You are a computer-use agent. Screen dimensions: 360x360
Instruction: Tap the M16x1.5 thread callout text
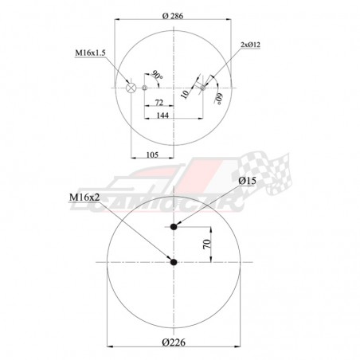click(x=91, y=53)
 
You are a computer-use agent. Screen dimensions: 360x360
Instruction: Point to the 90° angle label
click(x=158, y=76)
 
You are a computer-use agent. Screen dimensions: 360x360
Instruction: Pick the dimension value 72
click(x=159, y=104)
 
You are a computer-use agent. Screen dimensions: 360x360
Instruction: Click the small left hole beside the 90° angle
click(x=145, y=88)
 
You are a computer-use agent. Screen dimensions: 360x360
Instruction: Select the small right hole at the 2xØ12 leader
click(x=202, y=88)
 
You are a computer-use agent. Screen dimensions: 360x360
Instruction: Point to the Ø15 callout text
click(x=247, y=182)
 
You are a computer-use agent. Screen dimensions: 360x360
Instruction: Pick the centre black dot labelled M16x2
click(x=174, y=261)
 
